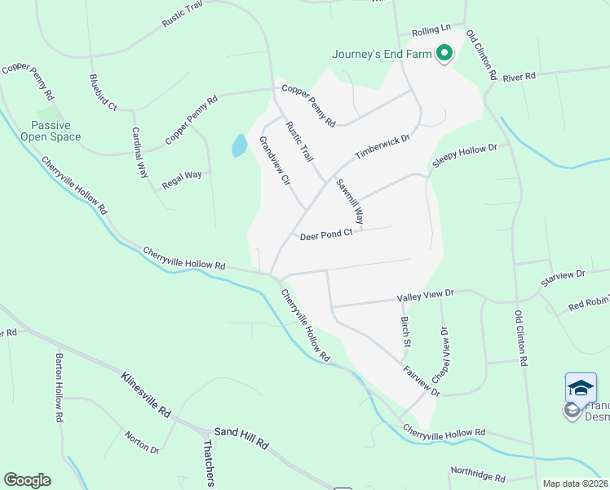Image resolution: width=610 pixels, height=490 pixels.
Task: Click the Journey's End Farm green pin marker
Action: (444, 55)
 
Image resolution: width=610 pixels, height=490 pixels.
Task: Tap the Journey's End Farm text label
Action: (381, 56)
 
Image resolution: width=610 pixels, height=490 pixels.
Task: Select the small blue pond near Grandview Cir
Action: (239, 146)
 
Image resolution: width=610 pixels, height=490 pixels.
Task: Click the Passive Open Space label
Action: (56, 131)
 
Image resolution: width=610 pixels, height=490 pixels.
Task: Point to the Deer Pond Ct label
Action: (325, 234)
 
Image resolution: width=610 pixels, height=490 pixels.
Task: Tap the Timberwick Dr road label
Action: (382, 147)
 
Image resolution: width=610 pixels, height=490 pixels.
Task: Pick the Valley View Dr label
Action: (425, 294)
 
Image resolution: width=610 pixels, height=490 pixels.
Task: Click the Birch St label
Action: (404, 331)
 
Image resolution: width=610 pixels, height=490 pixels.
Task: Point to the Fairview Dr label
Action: (422, 381)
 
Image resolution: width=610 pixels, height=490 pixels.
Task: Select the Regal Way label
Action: (182, 176)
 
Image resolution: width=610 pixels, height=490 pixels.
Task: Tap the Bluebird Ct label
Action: (103, 92)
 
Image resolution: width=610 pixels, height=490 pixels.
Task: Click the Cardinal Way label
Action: (140, 153)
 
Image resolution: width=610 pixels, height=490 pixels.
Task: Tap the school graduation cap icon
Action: (581, 387)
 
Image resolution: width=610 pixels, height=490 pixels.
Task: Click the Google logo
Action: (27, 480)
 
